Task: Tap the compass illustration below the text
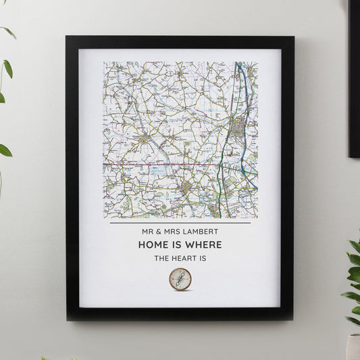pyautogui.click(x=180, y=279)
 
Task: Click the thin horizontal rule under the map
pyautogui.click(x=180, y=224)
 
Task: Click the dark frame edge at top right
pyautogui.click(x=354, y=68)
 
